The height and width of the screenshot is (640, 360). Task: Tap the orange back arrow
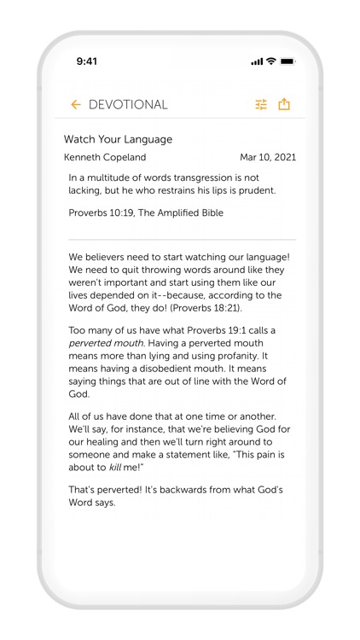pyautogui.click(x=75, y=105)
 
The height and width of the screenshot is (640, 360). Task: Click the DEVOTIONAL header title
pyautogui.click(x=128, y=105)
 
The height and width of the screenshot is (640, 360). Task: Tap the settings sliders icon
pyautogui.click(x=261, y=105)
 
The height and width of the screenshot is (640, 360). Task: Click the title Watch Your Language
pyautogui.click(x=118, y=139)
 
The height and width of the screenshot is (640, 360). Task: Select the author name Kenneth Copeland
pyautogui.click(x=105, y=157)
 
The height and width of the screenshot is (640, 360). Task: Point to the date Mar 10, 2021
pyautogui.click(x=268, y=157)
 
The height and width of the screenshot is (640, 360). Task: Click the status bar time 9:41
pyautogui.click(x=87, y=61)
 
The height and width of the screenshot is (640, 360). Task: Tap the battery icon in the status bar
pyautogui.click(x=287, y=61)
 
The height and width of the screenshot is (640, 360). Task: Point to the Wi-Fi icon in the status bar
pyautogui.click(x=270, y=61)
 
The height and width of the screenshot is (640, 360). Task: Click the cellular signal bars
pyautogui.click(x=257, y=61)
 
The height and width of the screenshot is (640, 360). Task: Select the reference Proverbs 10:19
pyautogui.click(x=99, y=212)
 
